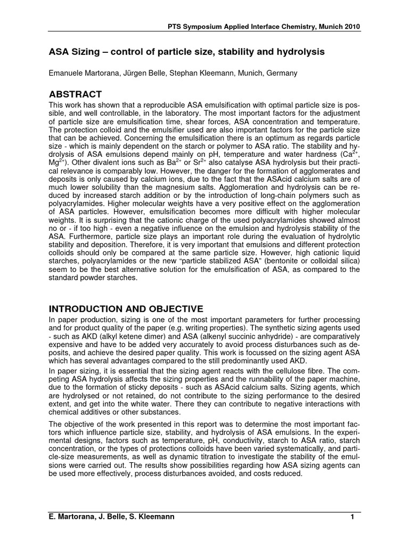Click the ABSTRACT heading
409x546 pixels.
pos(75,94)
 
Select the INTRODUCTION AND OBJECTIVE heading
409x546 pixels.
pos(126,309)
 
